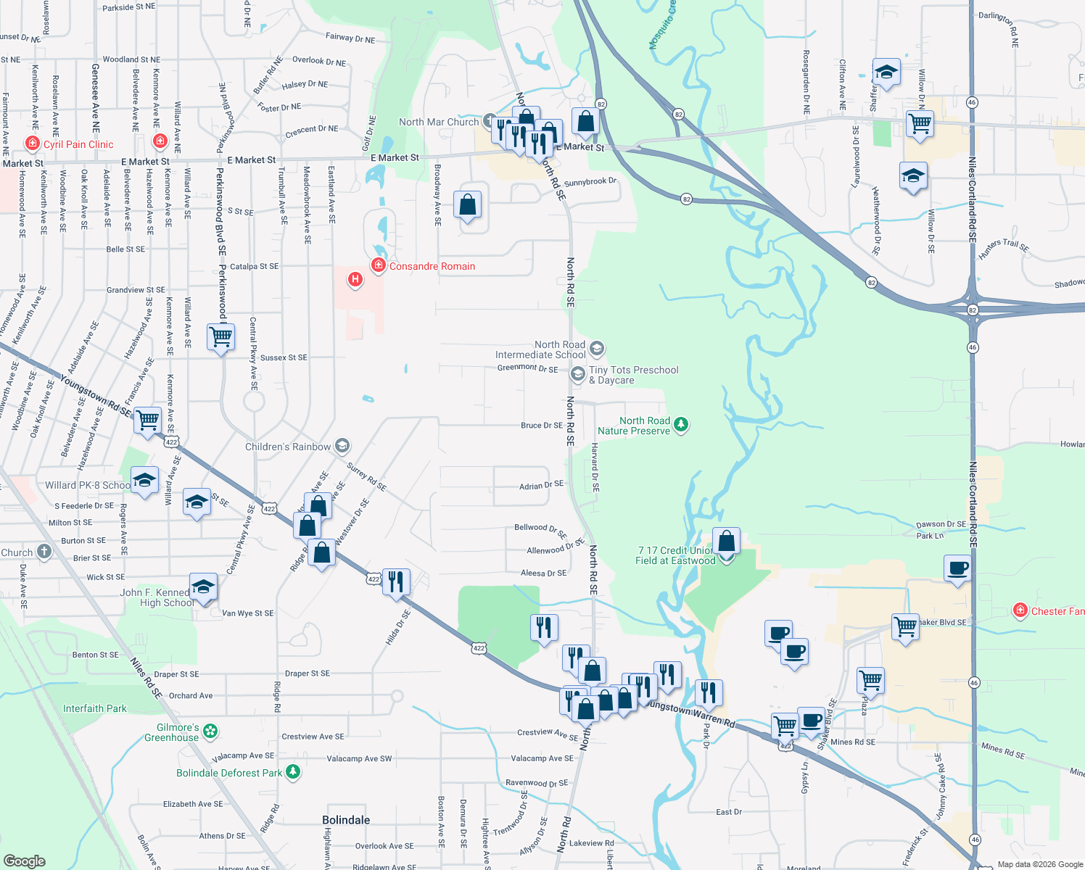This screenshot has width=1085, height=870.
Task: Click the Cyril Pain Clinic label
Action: (x=78, y=144)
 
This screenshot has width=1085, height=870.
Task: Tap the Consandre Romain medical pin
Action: (x=378, y=265)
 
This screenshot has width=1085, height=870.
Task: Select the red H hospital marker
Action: (x=355, y=278)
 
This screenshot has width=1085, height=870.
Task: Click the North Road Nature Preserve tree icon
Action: (x=680, y=424)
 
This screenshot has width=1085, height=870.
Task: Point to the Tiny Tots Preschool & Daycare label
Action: (x=633, y=375)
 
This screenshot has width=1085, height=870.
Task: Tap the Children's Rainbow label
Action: (x=288, y=447)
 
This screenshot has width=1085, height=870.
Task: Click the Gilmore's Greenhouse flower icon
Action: (x=210, y=731)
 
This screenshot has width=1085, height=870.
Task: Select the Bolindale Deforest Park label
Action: (x=229, y=773)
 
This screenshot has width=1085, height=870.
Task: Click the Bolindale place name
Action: (x=346, y=820)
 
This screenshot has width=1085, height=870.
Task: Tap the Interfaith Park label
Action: (x=95, y=708)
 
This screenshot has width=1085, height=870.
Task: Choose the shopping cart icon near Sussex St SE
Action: (x=220, y=336)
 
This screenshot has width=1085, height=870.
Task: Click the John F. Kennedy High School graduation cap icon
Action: (x=203, y=587)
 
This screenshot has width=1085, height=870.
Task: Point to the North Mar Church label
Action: (x=439, y=122)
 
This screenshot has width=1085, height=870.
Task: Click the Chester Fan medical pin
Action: (x=1020, y=610)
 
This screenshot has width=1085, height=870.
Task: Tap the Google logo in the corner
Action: (x=25, y=861)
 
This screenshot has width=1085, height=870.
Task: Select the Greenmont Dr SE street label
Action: (x=527, y=368)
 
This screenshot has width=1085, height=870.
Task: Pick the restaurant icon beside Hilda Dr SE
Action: (x=395, y=581)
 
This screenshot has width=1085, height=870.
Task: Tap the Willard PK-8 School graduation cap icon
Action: (x=144, y=481)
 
